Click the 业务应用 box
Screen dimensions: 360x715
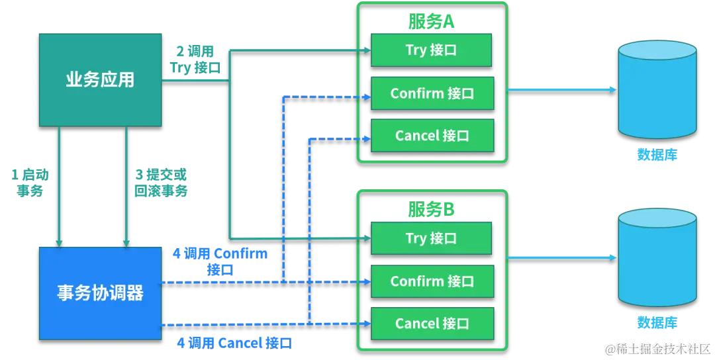click(100, 80)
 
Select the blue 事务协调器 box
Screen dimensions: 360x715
click(100, 292)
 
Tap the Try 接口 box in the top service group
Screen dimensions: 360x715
click(431, 50)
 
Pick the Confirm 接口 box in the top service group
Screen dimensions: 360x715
click(432, 93)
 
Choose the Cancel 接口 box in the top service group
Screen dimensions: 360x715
click(432, 136)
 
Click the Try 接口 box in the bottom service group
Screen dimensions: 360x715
click(431, 238)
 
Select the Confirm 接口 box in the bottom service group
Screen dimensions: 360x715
click(432, 281)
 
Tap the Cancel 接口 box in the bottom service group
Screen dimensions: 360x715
click(432, 324)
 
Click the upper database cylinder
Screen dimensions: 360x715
click(657, 92)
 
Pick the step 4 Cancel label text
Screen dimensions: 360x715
click(233, 343)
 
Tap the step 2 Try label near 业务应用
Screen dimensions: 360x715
click(195, 60)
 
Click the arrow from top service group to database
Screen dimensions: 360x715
click(563, 89)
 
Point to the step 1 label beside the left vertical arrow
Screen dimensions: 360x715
click(32, 183)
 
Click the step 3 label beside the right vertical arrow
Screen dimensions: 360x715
click(161, 183)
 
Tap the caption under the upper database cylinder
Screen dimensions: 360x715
click(656, 155)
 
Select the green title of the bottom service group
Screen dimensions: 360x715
click(432, 208)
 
